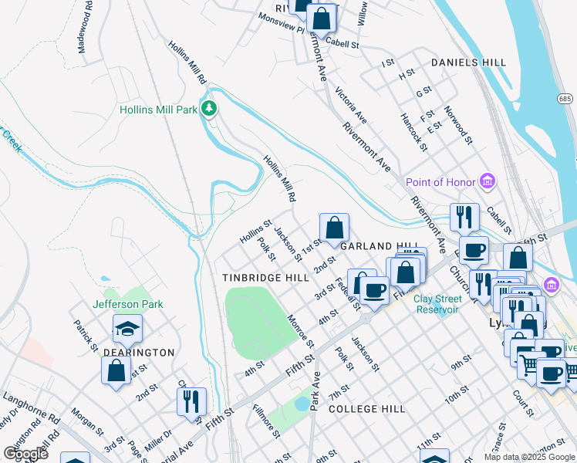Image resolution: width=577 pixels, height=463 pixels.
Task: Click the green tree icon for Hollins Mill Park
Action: click(x=208, y=109)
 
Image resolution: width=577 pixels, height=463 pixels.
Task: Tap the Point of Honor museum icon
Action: click(x=487, y=182)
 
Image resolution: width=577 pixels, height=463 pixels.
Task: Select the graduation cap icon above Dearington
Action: click(x=127, y=330)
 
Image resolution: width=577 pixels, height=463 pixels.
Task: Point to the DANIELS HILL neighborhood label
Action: click(x=468, y=63)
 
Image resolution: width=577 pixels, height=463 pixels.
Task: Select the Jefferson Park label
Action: click(x=128, y=304)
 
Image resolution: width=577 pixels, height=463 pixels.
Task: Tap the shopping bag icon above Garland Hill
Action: click(x=334, y=228)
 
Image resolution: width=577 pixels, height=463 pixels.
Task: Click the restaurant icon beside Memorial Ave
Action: click(x=191, y=401)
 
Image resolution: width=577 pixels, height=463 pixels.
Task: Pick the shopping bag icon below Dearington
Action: click(x=116, y=370)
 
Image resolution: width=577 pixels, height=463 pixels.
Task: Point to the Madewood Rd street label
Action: click(x=85, y=31)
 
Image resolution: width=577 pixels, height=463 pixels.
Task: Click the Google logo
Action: click(x=25, y=453)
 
